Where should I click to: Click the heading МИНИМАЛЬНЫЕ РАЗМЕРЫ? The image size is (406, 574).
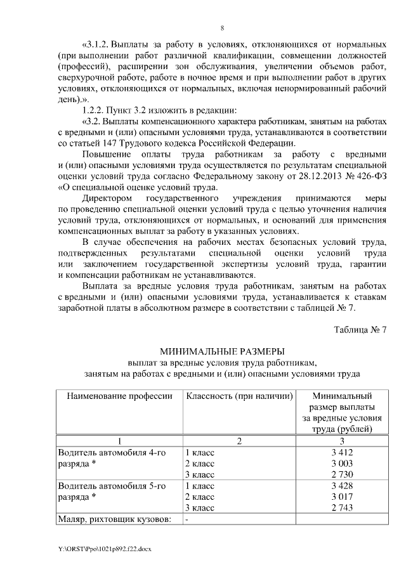222,351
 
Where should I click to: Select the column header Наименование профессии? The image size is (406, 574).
115,396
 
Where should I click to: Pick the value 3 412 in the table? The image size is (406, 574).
341,452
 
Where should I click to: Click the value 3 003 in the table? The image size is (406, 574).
341,463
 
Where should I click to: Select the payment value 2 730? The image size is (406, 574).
341,474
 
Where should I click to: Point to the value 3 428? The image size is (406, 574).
341,486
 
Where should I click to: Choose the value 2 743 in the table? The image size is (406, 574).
341,508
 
